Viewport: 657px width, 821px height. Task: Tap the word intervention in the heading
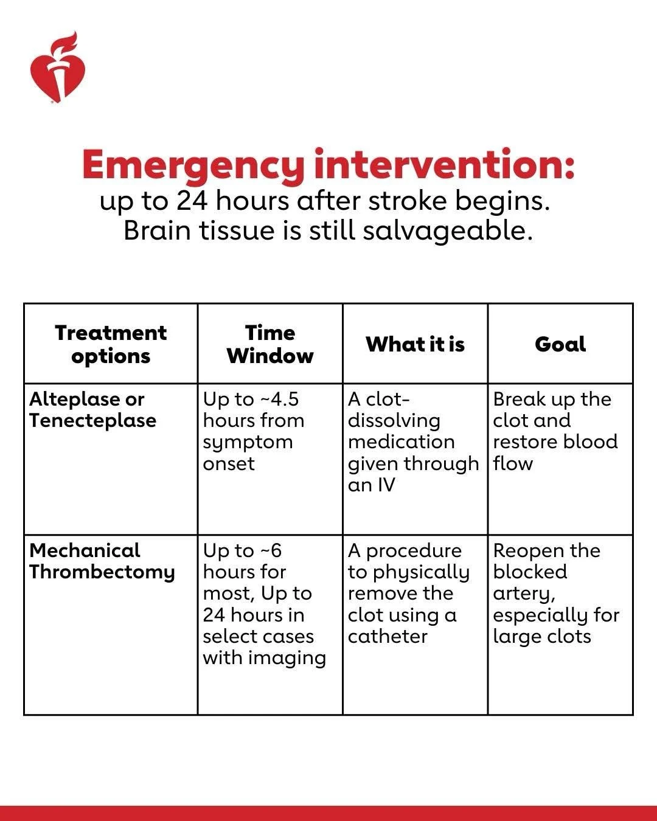pos(444,164)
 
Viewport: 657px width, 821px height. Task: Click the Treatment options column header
pos(111,344)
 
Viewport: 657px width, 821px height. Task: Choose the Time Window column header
pos(270,344)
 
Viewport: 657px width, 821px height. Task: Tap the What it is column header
pos(415,344)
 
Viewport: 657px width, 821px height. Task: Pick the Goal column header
pos(560,344)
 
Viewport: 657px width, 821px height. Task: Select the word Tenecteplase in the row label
pos(92,420)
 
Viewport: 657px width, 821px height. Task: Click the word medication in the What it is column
pos(401,442)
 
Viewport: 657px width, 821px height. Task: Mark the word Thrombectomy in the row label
pos(102,572)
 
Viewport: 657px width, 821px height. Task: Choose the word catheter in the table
pos(388,636)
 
